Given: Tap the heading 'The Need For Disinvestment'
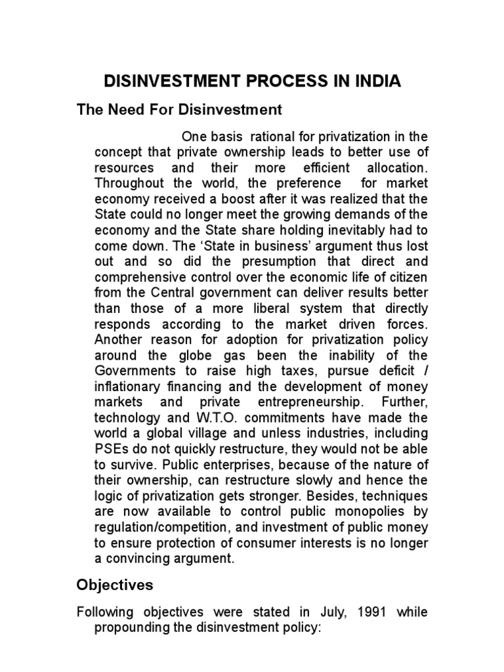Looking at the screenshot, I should pos(179,109).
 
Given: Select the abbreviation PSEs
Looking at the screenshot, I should pos(111,449).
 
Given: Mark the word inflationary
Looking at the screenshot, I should pos(130,386).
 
